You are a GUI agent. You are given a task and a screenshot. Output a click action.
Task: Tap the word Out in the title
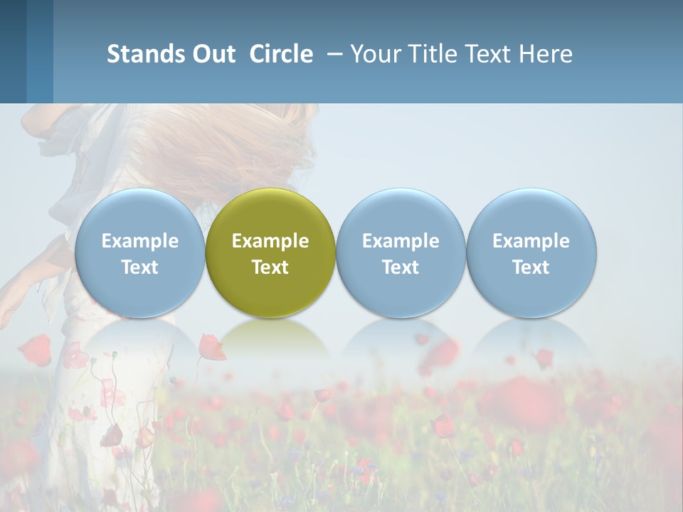click(212, 54)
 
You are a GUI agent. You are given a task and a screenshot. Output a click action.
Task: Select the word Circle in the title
click(281, 54)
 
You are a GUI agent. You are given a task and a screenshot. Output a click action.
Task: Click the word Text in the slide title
click(490, 54)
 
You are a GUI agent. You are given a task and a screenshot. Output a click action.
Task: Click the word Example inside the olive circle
click(270, 241)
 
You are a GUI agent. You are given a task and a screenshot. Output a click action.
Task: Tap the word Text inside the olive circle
click(270, 267)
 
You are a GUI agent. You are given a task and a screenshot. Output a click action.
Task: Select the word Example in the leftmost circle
click(140, 241)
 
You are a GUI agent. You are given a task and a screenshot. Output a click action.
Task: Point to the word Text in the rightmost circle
click(531, 267)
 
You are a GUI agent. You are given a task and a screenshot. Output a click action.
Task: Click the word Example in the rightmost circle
click(531, 241)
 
